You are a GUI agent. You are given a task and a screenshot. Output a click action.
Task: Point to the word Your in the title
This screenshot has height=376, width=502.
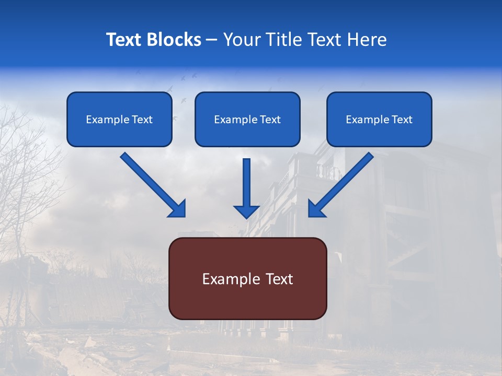[244, 40]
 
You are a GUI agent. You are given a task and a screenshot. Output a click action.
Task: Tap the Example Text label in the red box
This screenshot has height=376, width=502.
[247, 279]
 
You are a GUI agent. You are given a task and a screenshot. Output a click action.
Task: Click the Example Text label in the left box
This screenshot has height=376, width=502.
[119, 120]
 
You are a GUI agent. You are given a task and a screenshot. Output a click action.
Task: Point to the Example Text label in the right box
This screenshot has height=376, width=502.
[379, 120]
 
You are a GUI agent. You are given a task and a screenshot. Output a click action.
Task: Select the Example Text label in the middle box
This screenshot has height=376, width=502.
[247, 120]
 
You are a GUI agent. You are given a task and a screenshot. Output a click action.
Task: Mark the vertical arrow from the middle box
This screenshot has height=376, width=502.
[246, 183]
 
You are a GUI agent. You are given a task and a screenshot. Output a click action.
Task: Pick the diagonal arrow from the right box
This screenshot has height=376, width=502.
[345, 181]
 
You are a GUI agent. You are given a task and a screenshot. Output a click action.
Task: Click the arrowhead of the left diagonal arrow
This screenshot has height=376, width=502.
[177, 208]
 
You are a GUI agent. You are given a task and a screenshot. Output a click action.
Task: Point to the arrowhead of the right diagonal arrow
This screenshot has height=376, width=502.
[316, 208]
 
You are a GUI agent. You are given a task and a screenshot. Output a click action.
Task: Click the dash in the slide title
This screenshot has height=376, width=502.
[212, 40]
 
